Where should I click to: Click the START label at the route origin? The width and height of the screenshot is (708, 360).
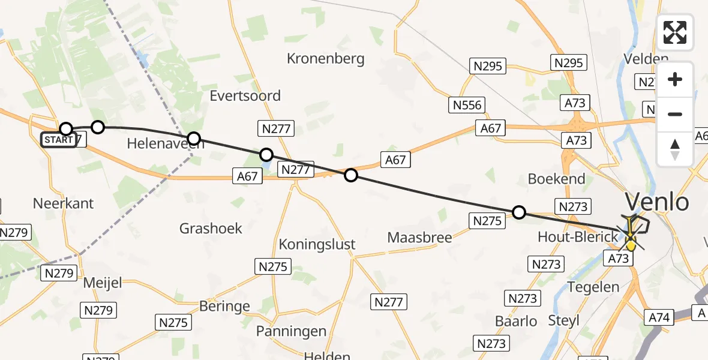point(58,140)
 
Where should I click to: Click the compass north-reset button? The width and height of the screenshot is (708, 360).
point(675,149)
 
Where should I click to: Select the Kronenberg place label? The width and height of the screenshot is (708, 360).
point(326,59)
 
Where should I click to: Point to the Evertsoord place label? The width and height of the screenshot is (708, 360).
point(245,95)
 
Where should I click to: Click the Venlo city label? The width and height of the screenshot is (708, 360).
point(657,202)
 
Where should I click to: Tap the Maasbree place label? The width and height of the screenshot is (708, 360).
point(419,237)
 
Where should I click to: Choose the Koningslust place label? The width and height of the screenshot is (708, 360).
point(317,244)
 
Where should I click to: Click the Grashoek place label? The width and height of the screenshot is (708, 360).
point(211,228)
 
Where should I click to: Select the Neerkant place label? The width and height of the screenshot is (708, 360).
point(64,203)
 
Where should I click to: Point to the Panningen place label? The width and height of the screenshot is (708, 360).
point(291,331)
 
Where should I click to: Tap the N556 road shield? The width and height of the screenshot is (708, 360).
point(467,106)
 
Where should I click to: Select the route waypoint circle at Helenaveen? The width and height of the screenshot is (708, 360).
point(193,139)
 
